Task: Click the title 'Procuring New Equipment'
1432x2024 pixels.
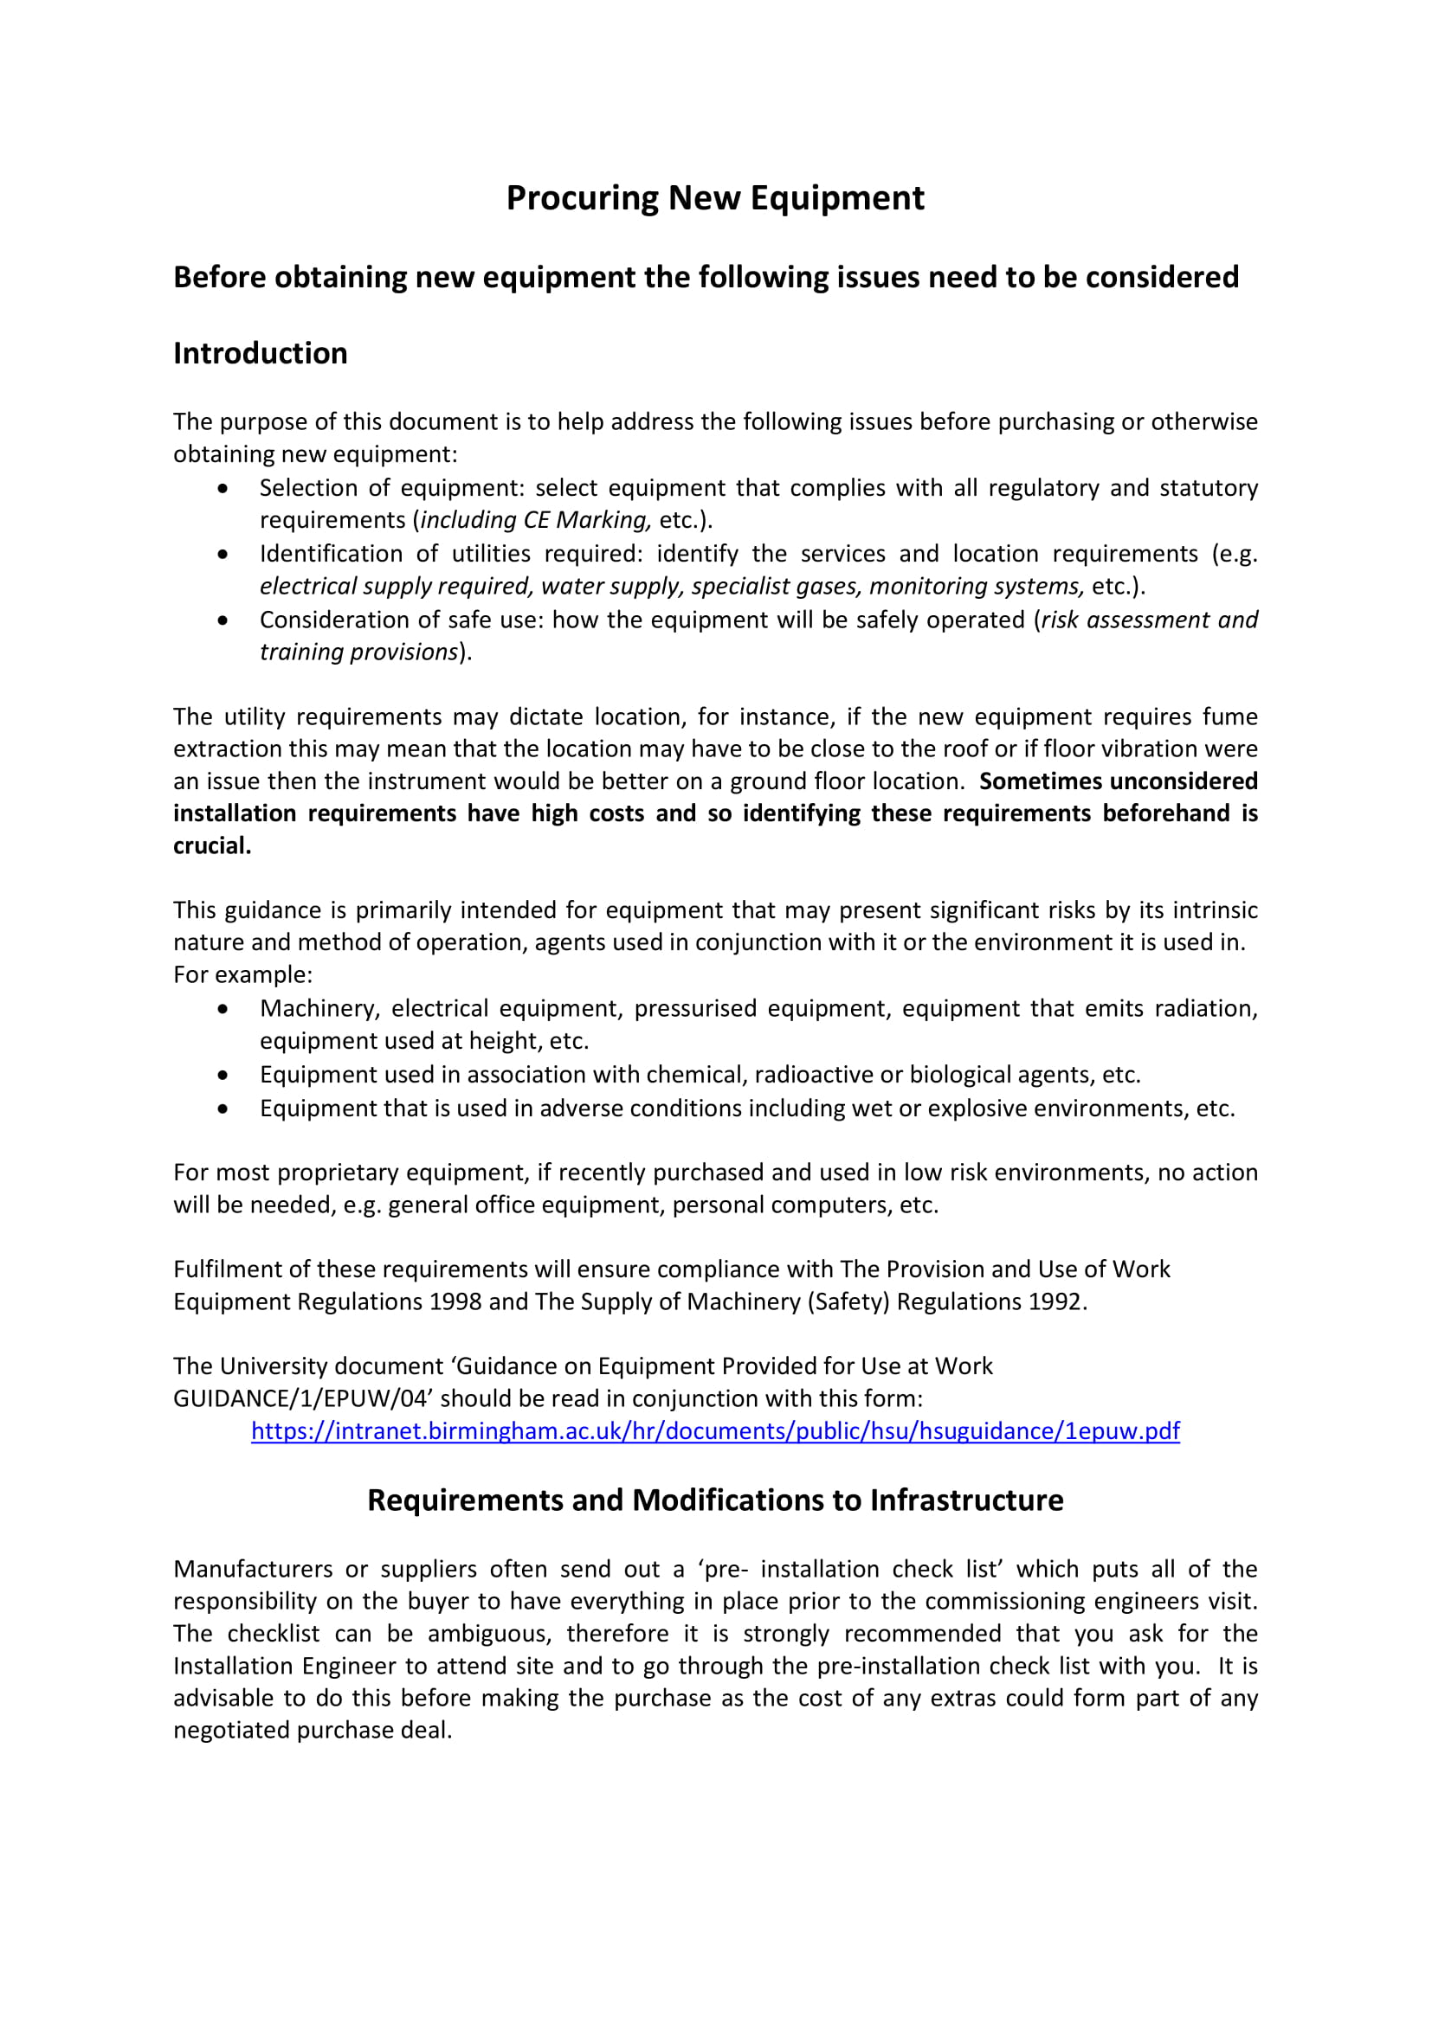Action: click(715, 197)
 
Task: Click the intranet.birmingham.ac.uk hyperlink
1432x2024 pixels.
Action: click(715, 1430)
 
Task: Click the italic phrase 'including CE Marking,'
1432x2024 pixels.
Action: click(536, 519)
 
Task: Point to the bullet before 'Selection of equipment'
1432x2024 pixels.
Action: click(223, 487)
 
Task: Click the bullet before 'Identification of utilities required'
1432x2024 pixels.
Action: click(223, 554)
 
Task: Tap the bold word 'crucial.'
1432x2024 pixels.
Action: click(212, 845)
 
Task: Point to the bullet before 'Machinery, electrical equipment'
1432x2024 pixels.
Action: click(223, 1007)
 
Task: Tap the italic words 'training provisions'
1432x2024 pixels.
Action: click(359, 652)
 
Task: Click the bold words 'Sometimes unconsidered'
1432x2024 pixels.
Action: click(1118, 781)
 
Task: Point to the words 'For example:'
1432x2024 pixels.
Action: click(242, 974)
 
